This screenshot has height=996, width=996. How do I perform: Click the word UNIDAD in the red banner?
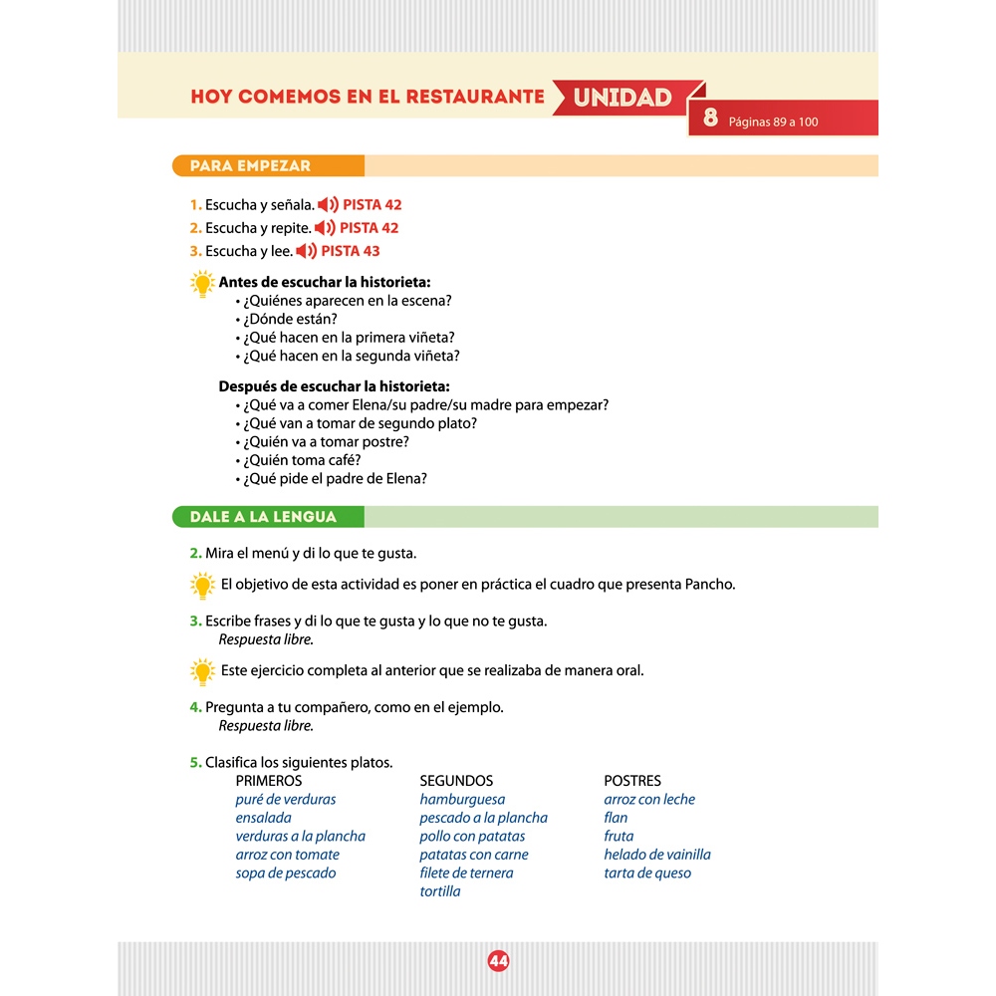[622, 98]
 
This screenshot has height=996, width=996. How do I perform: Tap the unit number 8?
[710, 119]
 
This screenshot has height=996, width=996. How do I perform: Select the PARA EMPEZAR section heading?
[251, 166]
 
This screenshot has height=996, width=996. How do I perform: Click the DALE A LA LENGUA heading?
[264, 517]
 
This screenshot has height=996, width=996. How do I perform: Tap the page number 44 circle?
[498, 961]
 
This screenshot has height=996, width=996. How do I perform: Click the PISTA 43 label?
[350, 251]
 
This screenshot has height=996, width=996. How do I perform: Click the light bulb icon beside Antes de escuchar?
[202, 284]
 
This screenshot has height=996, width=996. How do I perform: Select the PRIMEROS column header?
[269, 781]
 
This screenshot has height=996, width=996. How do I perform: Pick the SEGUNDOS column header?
[456, 781]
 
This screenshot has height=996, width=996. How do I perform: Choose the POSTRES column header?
[632, 781]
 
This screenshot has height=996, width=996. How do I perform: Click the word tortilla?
[440, 891]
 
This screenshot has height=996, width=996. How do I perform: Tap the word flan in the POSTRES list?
[616, 818]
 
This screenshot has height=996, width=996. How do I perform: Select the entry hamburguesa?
[462, 799]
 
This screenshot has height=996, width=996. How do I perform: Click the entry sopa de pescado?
[286, 872]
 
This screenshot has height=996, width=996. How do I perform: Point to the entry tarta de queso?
[647, 872]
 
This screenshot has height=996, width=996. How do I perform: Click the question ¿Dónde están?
[291, 319]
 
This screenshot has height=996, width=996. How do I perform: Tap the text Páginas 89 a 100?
[773, 122]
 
